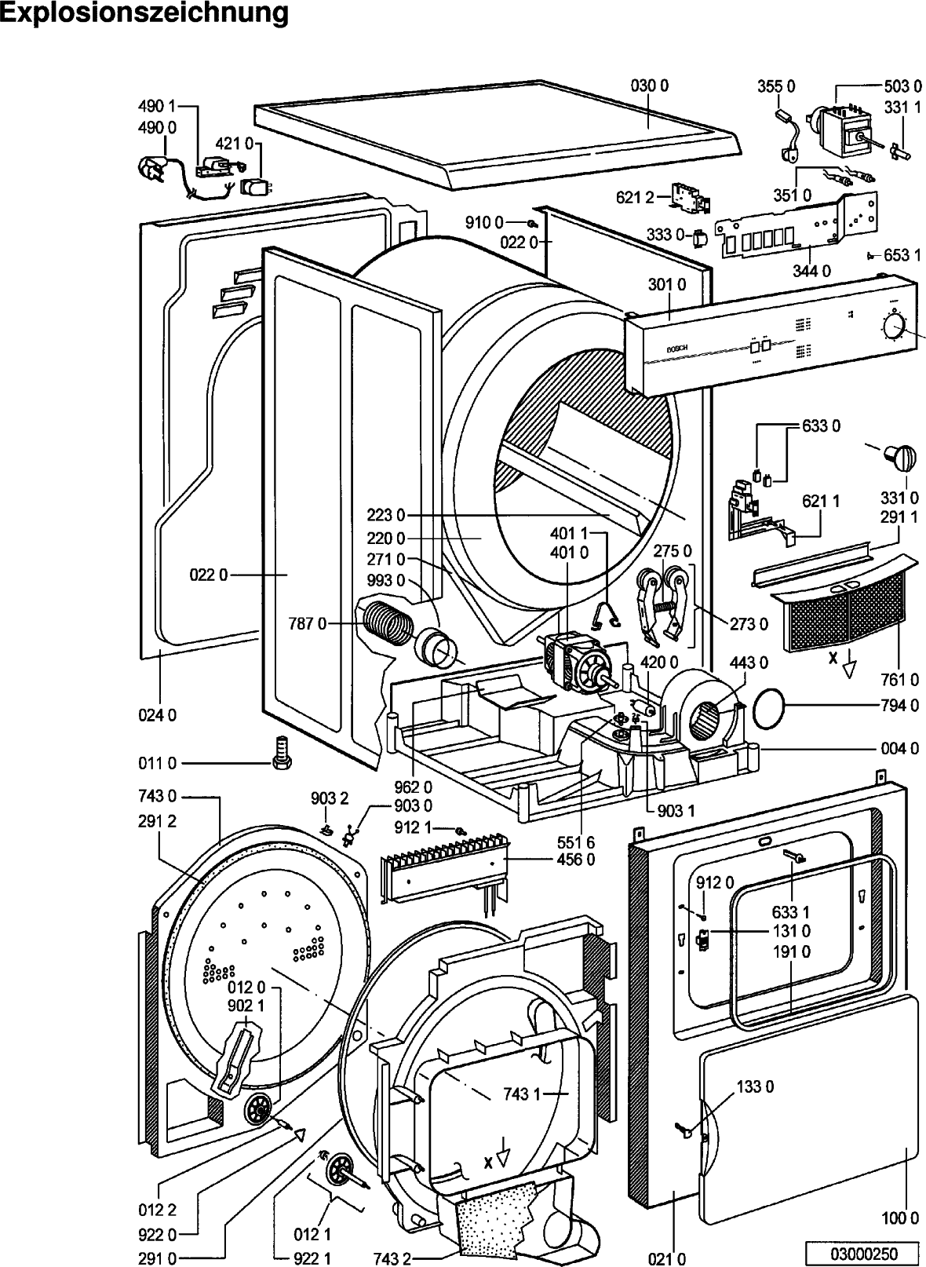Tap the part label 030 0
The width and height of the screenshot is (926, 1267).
650,86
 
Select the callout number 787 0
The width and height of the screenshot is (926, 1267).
307,623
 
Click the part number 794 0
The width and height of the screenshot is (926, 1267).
900,706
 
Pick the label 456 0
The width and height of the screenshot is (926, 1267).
575,859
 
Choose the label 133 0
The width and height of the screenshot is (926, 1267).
755,1086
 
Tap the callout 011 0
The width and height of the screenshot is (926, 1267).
161,762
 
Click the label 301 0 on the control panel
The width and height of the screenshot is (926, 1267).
667,284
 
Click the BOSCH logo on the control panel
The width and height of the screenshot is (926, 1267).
676,348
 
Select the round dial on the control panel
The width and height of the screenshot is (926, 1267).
893,327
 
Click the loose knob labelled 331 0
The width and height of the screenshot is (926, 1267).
899,457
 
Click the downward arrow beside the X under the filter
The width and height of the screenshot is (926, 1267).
849,670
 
